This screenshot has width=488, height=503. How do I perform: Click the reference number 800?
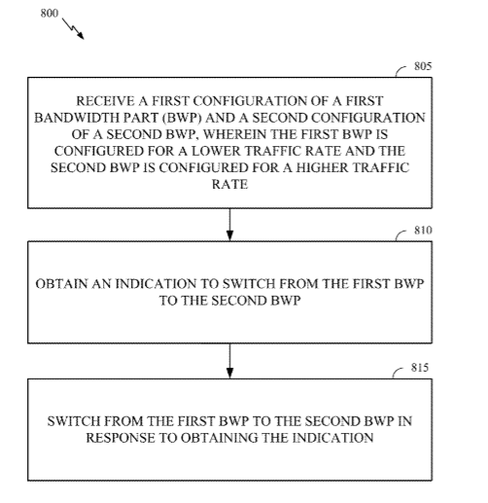click(50, 14)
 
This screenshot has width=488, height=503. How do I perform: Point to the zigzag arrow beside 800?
click(73, 28)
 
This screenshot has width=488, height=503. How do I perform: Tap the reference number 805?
click(423, 66)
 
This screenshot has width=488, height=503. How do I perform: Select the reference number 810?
click(423, 231)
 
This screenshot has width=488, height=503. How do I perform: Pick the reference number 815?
click(420, 368)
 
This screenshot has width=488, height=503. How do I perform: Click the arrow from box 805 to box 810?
click(229, 225)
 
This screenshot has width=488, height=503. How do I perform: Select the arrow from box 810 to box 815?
click(229, 361)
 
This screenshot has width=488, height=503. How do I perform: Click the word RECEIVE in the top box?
click(105, 101)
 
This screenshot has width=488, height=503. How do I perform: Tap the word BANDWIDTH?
click(72, 118)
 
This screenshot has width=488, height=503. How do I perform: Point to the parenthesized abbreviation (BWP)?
click(182, 118)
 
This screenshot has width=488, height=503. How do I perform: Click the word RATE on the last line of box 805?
click(229, 185)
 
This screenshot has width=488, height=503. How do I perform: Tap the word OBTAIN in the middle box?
click(61, 284)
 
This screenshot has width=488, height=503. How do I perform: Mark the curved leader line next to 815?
click(398, 373)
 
